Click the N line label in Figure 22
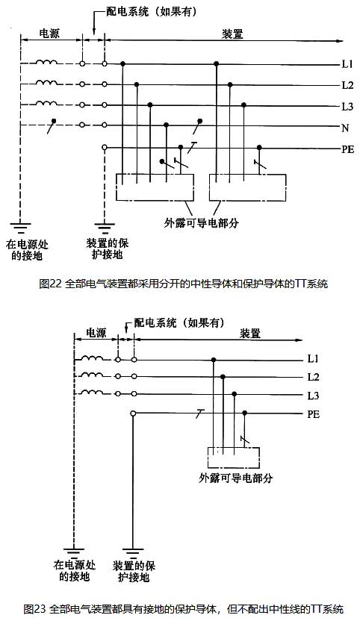pyautogui.click(x=345, y=128)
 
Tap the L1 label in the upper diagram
pyautogui.click(x=347, y=64)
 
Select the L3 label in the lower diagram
pyautogui.click(x=313, y=396)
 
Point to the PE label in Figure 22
pyautogui.click(x=348, y=149)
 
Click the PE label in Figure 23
pyautogui.click(x=314, y=414)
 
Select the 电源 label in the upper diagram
pyautogui.click(x=49, y=33)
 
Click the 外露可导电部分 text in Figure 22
pyautogui.click(x=201, y=223)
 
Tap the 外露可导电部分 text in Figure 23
pyautogui.click(x=236, y=478)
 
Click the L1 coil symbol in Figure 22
pyautogui.click(x=46, y=62)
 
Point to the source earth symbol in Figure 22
pyautogui.click(x=20, y=228)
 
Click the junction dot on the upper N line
pyautogui.click(x=167, y=125)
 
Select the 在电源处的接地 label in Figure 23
pyautogui.click(x=75, y=571)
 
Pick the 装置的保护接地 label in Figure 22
pyautogui.click(x=108, y=249)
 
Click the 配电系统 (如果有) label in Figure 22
pyautogui.click(x=152, y=12)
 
